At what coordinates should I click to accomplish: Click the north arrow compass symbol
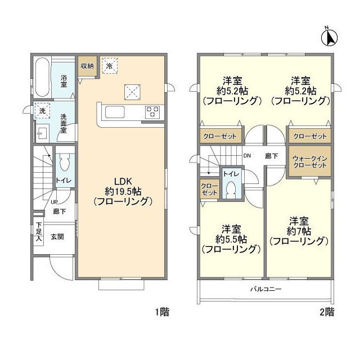click(x=329, y=37)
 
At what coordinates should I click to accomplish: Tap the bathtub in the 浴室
click(x=43, y=77)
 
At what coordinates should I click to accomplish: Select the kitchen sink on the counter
click(x=115, y=112)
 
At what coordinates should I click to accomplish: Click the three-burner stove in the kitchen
click(x=152, y=112)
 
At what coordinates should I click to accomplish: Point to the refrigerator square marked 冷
click(x=110, y=66)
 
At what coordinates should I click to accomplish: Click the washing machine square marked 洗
click(x=42, y=111)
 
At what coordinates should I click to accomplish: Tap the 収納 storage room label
click(x=87, y=66)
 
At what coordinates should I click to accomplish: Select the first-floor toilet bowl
click(x=64, y=162)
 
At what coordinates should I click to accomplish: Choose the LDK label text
click(x=123, y=181)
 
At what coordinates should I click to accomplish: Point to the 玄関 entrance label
click(x=57, y=237)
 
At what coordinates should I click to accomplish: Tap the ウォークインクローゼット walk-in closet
click(x=310, y=162)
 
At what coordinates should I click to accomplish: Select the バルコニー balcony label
click(x=265, y=289)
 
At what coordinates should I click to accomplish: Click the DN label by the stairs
click(x=247, y=156)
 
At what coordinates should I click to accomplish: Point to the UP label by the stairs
click(x=54, y=202)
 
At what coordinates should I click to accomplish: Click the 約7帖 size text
click(x=299, y=231)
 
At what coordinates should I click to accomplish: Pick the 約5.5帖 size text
click(x=231, y=240)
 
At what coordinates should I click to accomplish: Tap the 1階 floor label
click(x=163, y=312)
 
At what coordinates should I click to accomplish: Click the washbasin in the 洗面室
click(x=42, y=133)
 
